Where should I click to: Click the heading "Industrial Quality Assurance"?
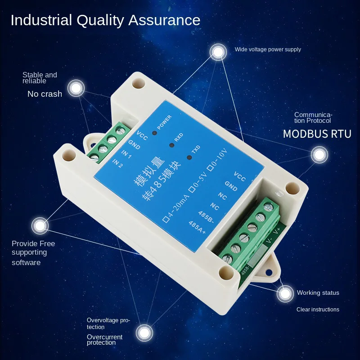105,20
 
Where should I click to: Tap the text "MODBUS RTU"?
317,134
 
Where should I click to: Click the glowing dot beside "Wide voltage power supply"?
218,53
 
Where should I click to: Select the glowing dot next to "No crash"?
76,88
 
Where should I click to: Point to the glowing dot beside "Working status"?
285,294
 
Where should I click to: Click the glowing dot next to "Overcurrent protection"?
144,333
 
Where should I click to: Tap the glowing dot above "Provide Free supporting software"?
40,225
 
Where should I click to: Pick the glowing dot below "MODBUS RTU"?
319,155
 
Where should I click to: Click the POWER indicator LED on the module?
154,133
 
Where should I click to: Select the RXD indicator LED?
171,145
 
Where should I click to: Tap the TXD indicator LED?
189,157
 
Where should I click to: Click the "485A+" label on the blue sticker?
197,228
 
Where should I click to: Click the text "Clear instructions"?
318,310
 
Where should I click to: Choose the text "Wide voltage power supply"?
268,49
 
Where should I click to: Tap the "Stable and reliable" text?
40,78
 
